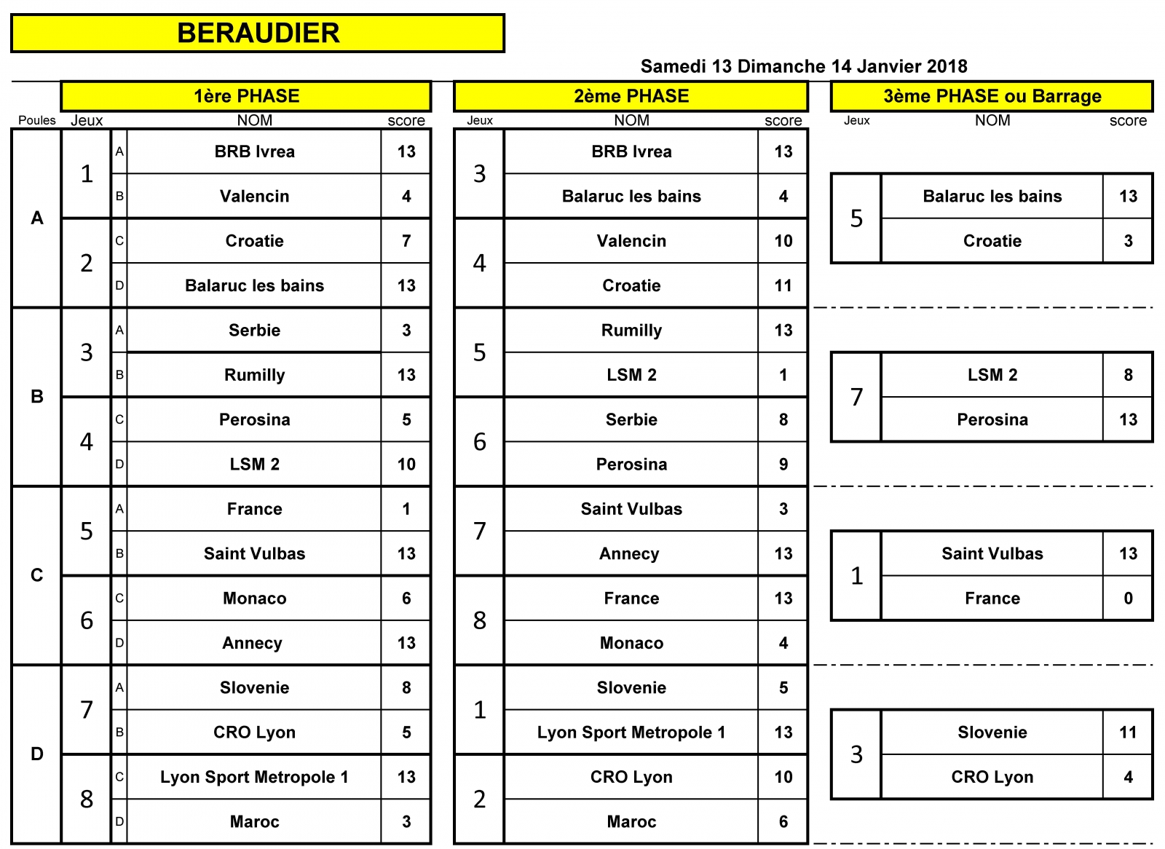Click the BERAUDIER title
point(258,33)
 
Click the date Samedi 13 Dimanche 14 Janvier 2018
point(804,66)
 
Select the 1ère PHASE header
point(247,96)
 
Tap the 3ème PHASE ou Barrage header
point(992,96)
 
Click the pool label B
point(37,396)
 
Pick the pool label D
point(37,754)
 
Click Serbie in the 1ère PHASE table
point(254,331)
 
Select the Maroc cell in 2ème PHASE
point(631,821)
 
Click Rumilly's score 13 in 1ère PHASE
point(406,375)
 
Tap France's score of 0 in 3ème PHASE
point(1128,599)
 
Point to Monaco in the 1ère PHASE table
point(254,599)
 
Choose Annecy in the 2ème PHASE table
point(629,553)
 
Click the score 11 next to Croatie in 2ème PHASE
point(783,285)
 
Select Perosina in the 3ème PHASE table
point(992,420)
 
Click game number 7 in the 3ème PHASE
point(856,398)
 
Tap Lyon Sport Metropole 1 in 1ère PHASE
point(254,777)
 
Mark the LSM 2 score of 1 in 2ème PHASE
point(783,375)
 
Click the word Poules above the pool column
point(37,120)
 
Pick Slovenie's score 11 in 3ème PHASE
point(1128,732)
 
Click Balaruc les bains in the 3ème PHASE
point(992,196)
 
